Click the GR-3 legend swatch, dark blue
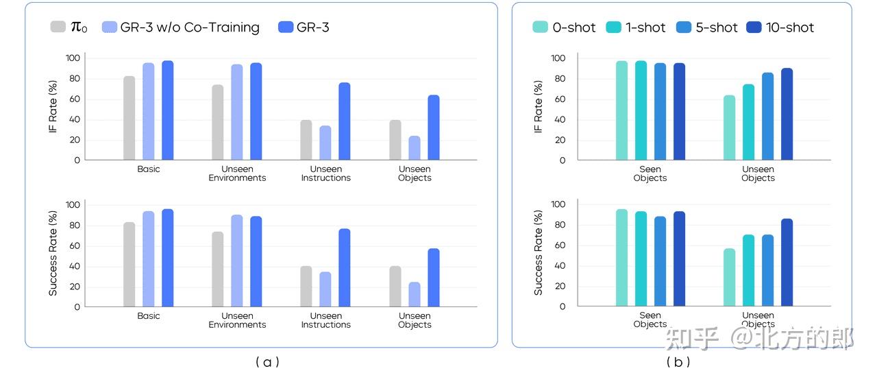286,27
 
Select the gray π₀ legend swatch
58,27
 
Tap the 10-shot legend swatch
754,27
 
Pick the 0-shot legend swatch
540,27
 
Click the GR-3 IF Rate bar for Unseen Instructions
344,121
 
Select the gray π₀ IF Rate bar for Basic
129,118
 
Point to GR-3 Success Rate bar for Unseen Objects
434,278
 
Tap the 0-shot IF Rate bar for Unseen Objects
729,128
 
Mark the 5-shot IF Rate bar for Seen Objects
660,112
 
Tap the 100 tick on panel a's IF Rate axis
73,58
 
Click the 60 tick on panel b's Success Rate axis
558,245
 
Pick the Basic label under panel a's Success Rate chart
148,316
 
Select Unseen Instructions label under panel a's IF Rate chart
325,173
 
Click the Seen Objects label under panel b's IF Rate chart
650,173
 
